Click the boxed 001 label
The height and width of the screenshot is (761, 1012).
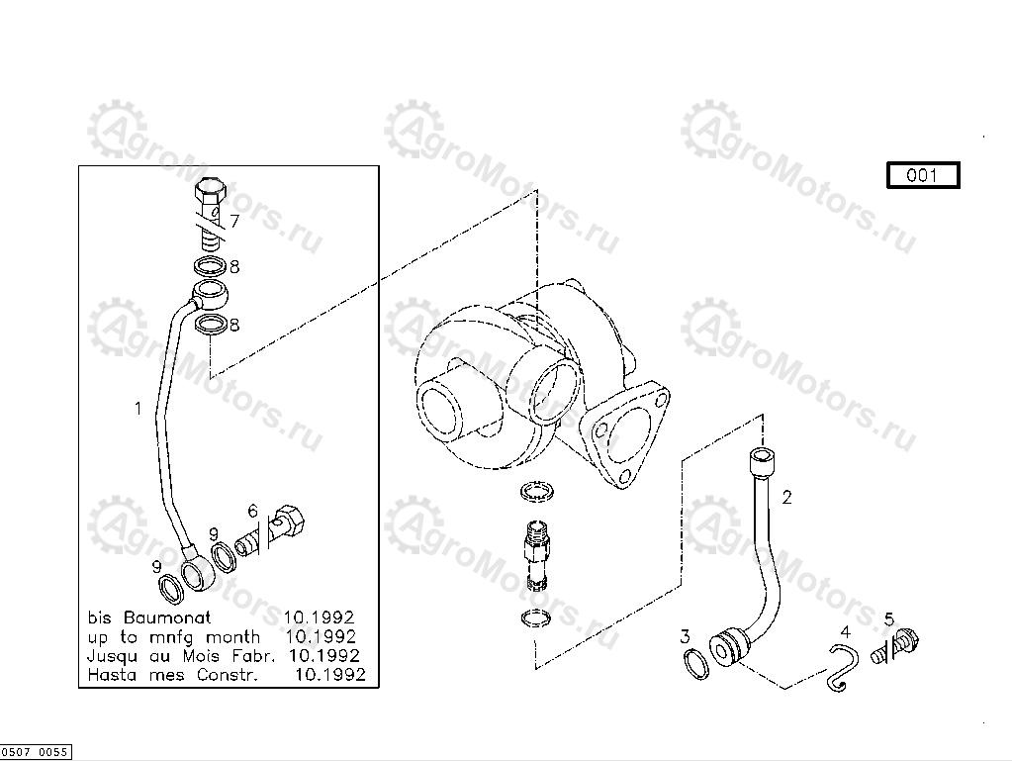pyautogui.click(x=923, y=175)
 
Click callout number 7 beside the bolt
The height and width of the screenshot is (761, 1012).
pyautogui.click(x=234, y=222)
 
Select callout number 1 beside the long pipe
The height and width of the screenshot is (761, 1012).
pyautogui.click(x=138, y=409)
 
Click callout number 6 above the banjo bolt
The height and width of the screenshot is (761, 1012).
pyautogui.click(x=253, y=512)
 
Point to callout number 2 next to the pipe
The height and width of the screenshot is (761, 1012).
pyautogui.click(x=786, y=498)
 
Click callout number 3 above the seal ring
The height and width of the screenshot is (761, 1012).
pyautogui.click(x=685, y=637)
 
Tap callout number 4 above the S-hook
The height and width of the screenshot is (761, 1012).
pyautogui.click(x=846, y=632)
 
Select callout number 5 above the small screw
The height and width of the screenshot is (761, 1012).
pyautogui.click(x=888, y=619)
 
